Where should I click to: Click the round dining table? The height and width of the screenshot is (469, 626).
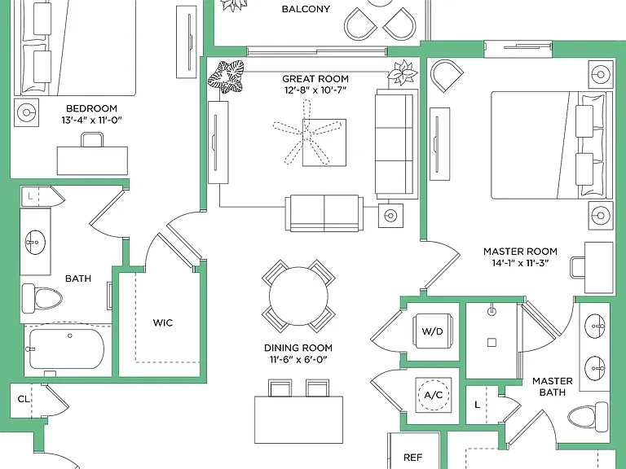[x=298, y=296]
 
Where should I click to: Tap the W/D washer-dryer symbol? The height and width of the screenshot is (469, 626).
[x=433, y=331]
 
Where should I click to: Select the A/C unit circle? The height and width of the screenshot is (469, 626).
[x=434, y=394]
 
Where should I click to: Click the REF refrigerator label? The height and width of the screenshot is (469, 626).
[x=412, y=457]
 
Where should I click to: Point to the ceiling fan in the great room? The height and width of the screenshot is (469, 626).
[x=306, y=133]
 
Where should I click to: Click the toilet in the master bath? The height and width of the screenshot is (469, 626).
[x=588, y=414]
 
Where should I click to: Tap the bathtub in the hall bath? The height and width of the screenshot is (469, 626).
[x=67, y=348]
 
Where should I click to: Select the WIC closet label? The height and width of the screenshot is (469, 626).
[x=163, y=322]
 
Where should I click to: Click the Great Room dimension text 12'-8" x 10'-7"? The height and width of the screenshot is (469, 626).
[x=315, y=90]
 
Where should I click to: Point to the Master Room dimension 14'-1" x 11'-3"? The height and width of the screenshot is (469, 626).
[x=521, y=263]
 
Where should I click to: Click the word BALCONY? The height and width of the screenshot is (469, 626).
[x=306, y=9]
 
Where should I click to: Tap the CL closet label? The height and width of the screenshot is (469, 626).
[x=24, y=399]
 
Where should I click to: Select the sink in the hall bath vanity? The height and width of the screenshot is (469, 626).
[x=36, y=242]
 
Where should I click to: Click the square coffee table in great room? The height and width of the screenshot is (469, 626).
[x=324, y=142]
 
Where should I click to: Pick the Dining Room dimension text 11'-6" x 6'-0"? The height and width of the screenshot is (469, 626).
[x=298, y=359]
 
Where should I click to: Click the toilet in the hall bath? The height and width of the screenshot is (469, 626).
[x=42, y=298]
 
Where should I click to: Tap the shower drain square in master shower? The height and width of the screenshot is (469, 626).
[x=492, y=343]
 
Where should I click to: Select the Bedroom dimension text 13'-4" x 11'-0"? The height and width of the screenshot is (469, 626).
[x=91, y=120]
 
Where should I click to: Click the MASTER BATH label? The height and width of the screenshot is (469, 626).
[x=553, y=387]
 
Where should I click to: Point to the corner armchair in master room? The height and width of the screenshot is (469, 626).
[x=446, y=75]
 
